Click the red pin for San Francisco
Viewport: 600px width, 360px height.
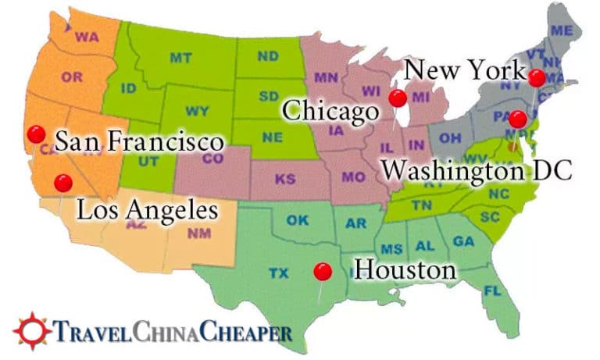tap(35, 134)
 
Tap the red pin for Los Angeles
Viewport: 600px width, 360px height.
tap(63, 183)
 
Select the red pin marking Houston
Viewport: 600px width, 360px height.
tap(322, 271)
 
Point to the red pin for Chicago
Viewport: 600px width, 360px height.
tap(398, 98)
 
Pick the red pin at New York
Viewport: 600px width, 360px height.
tap(536, 77)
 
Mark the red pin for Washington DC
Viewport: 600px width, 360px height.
tap(517, 119)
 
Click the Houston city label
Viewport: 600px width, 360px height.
tap(405, 271)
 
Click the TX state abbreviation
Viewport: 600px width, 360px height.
tap(278, 273)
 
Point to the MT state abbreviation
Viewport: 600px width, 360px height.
tap(180, 58)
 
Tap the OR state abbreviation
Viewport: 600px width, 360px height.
tap(72, 77)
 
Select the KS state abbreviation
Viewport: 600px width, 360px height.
tap(286, 179)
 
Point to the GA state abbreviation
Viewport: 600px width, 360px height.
tap(463, 241)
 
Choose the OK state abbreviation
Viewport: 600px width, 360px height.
tap(298, 220)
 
